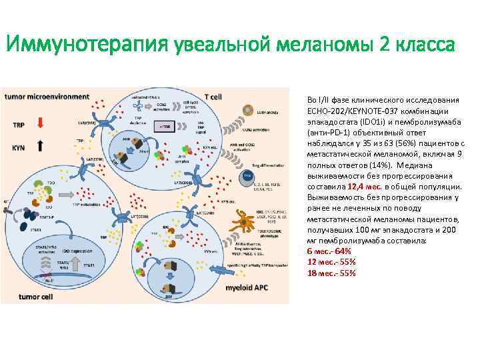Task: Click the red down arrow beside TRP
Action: pos(41,122)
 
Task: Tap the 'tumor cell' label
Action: pos(35,296)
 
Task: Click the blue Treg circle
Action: pos(247,176)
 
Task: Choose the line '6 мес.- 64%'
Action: pos(329,251)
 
